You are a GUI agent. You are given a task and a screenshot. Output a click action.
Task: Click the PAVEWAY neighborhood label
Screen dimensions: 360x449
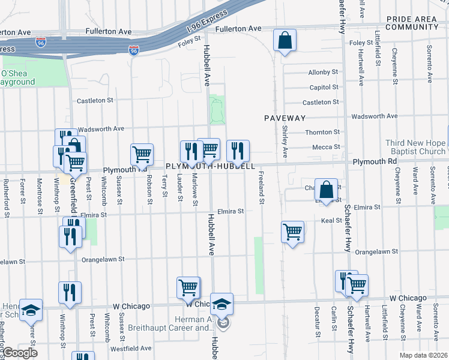285,118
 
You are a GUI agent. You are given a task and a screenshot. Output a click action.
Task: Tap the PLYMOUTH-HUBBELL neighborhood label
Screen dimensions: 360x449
211,166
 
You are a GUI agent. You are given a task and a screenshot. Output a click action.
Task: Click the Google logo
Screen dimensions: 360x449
20,353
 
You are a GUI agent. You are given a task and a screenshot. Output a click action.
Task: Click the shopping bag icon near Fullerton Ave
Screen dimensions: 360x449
285,41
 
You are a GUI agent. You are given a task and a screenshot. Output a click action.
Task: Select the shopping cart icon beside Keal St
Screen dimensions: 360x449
292,231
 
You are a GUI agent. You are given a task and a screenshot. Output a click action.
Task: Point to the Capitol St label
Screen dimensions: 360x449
324,88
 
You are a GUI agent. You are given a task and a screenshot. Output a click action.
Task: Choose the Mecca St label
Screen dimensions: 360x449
327,147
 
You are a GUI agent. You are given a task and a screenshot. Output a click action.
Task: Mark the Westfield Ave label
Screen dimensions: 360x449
130,348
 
